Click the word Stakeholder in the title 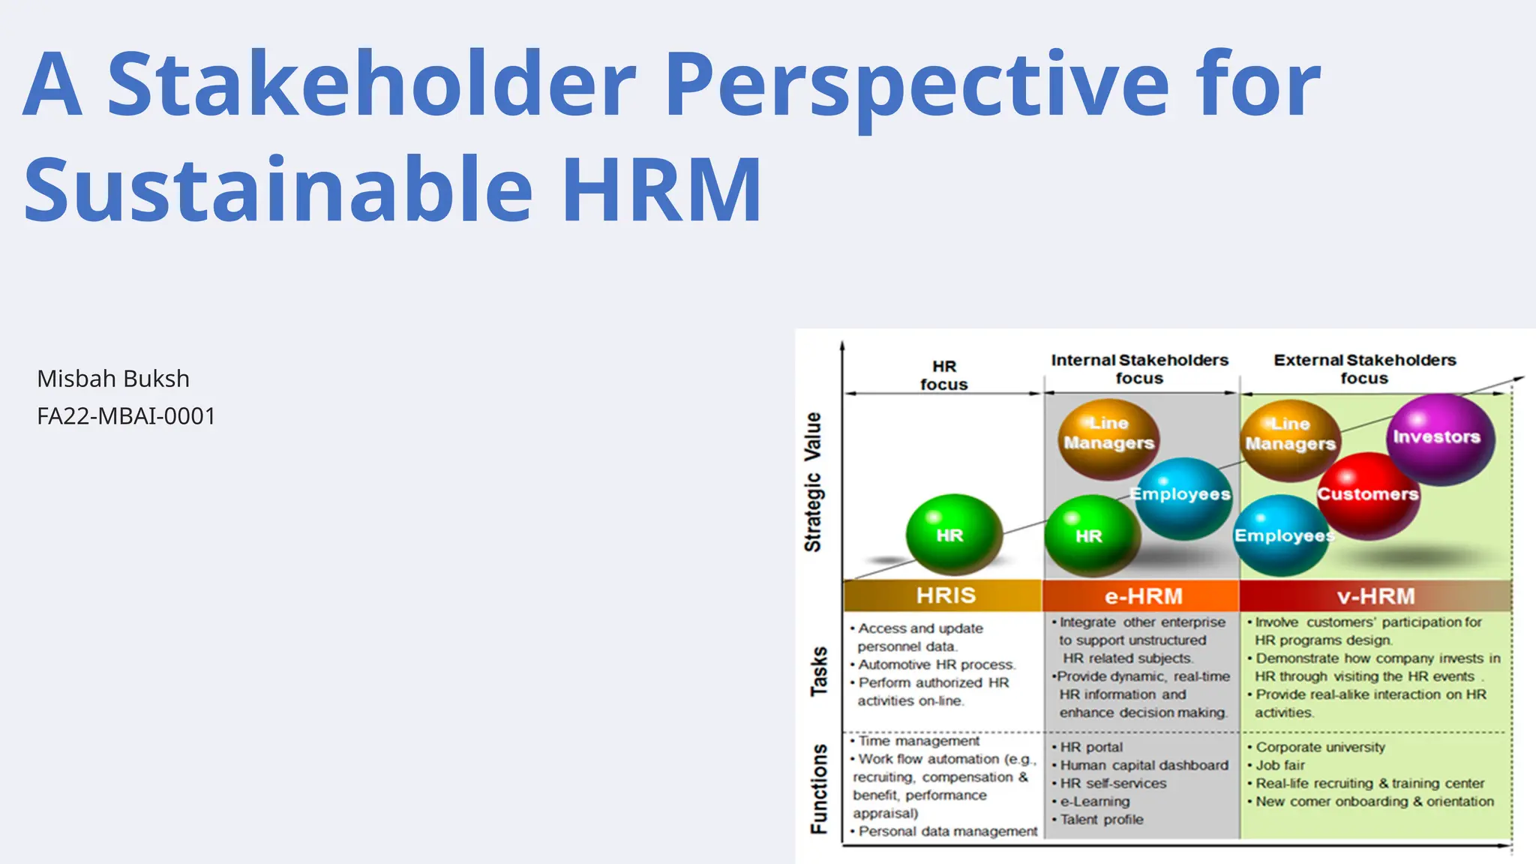coord(371,84)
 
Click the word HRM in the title coord(661,190)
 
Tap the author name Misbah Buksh coord(113,379)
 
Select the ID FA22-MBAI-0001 coord(126,416)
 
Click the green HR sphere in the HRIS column coord(952,534)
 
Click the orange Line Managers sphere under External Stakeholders coord(1290,439)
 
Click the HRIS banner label coord(945,595)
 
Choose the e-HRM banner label coord(1143,596)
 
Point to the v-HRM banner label coord(1375,596)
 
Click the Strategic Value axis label coord(813,481)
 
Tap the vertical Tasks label coord(819,671)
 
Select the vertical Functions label coord(819,789)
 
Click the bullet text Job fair coord(1280,765)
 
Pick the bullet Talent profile coord(1101,820)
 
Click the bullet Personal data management coord(947,831)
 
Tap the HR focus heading coord(943,376)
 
